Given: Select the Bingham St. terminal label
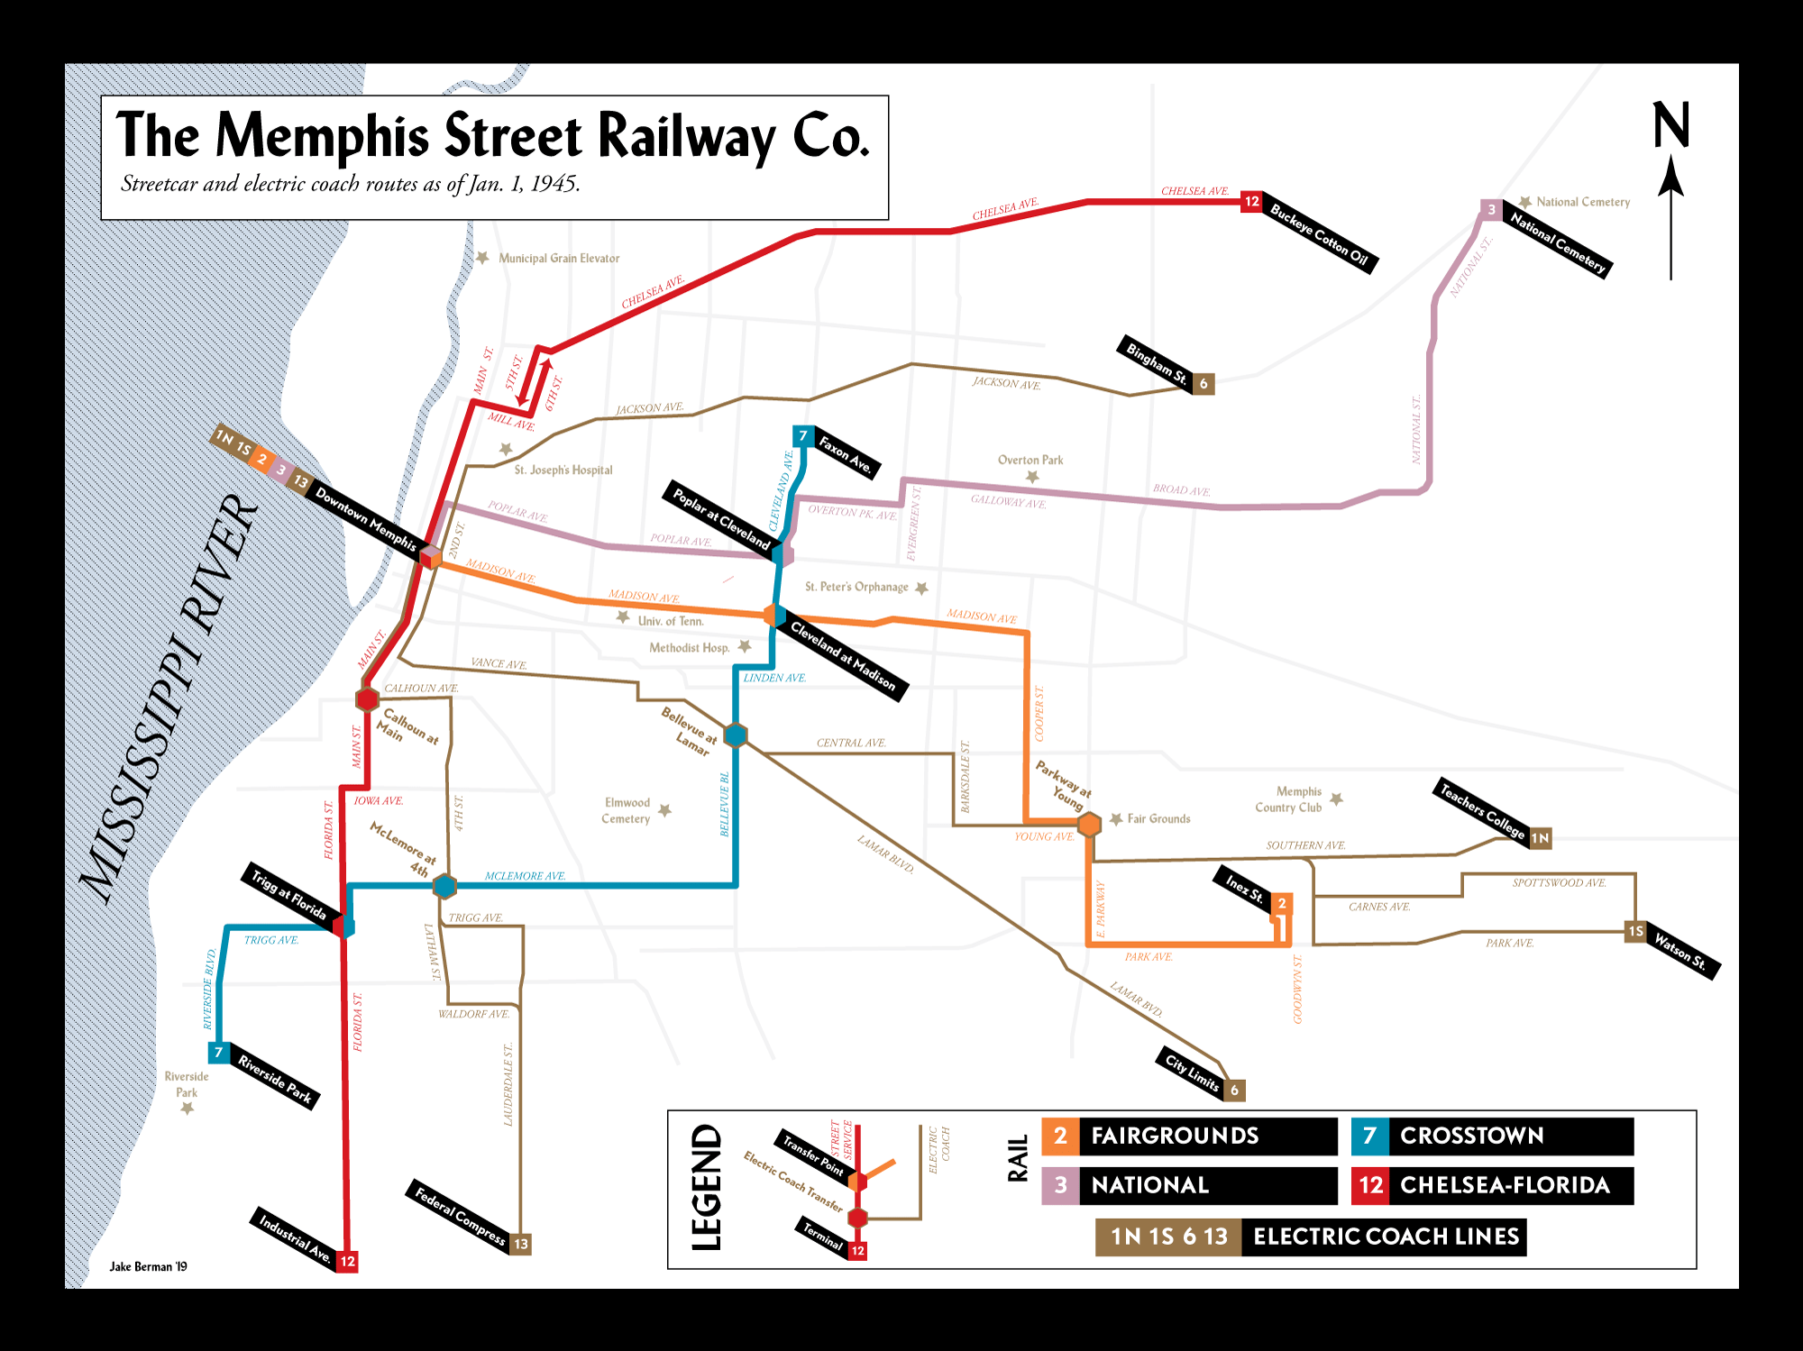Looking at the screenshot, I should click(x=1157, y=362).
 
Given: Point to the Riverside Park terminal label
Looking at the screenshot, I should click(x=275, y=1078).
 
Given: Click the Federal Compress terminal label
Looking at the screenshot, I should click(x=460, y=1215).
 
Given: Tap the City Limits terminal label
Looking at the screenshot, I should click(x=1192, y=1072).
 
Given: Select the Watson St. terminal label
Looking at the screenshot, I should click(x=1680, y=952).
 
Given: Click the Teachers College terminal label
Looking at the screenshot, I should click(x=1482, y=808).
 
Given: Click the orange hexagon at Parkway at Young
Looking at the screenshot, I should click(x=1090, y=824).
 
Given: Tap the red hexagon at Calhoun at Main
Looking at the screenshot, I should click(x=367, y=698).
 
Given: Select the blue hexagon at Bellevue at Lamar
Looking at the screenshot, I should click(x=736, y=735).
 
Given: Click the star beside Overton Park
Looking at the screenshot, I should click(x=1032, y=477).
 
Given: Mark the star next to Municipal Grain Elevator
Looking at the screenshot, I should click(x=482, y=258).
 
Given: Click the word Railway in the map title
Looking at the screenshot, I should click(x=687, y=137).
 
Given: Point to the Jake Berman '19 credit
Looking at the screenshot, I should click(x=149, y=1266).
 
